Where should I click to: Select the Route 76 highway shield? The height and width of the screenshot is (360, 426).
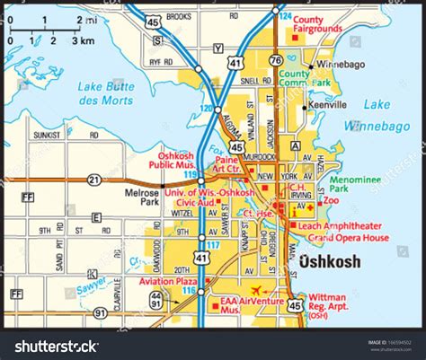274,59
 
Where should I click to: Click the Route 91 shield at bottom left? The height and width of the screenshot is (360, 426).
99,314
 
